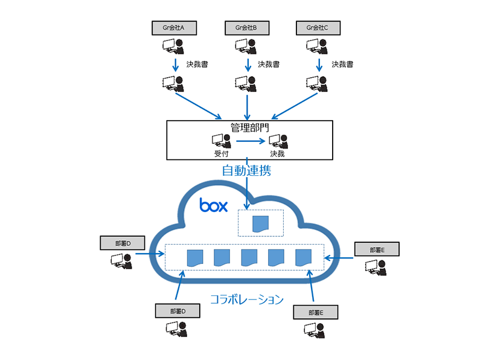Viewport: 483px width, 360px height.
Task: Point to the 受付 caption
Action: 220,153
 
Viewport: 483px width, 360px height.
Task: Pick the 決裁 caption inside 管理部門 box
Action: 277,153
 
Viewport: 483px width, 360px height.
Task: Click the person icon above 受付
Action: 221,141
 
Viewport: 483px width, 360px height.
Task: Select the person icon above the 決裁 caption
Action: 278,141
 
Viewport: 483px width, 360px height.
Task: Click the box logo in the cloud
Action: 214,205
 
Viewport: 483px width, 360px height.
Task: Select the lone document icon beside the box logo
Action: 261,224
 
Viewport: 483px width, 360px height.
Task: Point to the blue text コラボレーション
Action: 246,298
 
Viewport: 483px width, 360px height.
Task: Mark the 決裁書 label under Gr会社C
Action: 342,64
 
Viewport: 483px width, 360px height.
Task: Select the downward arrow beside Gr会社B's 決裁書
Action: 247,64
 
